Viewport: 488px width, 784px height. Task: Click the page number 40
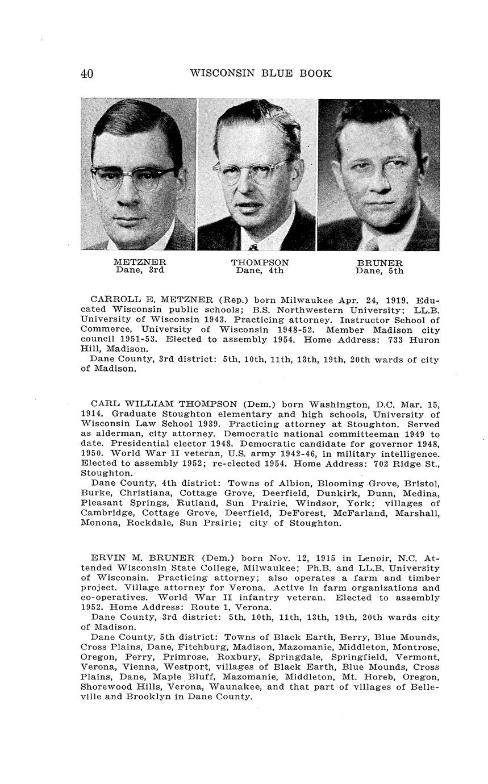pyautogui.click(x=87, y=74)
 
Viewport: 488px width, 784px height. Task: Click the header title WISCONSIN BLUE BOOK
pyautogui.click(x=261, y=73)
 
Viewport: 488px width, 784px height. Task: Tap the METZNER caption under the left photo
pyautogui.click(x=140, y=262)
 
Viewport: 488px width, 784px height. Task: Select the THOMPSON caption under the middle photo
pyautogui.click(x=260, y=262)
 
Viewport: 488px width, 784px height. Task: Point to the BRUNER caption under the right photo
pyautogui.click(x=379, y=263)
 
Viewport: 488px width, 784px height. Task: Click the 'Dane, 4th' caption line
pyautogui.click(x=260, y=271)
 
